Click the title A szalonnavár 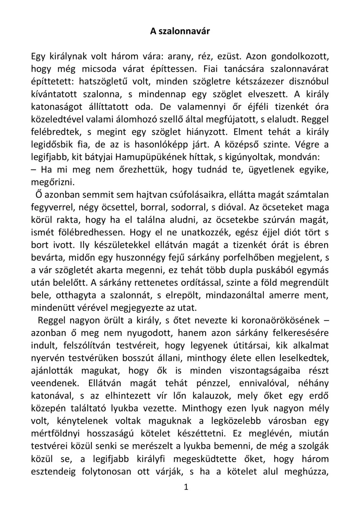pos(180,31)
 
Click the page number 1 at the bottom pos(186,487)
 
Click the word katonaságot pos(57,107)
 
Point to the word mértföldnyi pos(55,434)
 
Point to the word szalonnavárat pos(299,69)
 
